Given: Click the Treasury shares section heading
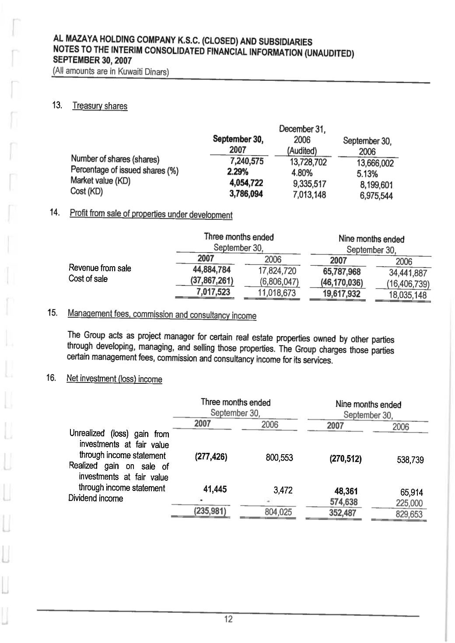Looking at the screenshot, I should [x=100, y=106].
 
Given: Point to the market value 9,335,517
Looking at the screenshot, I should [x=309, y=184].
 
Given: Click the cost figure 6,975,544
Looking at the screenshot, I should [x=376, y=196].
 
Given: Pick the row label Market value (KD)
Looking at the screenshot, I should [x=101, y=181].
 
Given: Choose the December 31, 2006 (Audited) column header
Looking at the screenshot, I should [x=302, y=140].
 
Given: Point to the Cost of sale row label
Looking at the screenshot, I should [x=88, y=279].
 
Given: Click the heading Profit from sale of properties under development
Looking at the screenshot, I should [x=151, y=215].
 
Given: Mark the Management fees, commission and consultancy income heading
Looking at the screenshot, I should [x=162, y=315].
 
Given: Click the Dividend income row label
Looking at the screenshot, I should [x=96, y=498].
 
